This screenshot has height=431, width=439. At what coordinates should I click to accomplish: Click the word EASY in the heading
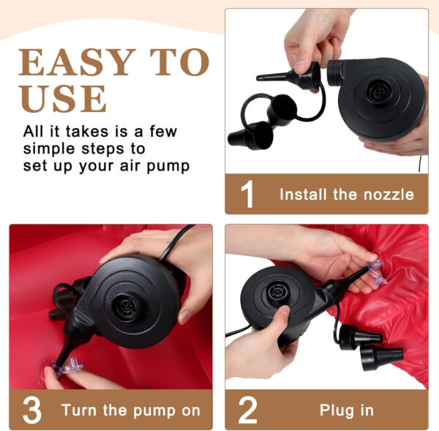coord(75,62)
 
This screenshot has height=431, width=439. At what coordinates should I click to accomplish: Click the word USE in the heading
coord(63,98)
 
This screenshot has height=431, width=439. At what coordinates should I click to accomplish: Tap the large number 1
coord(247,194)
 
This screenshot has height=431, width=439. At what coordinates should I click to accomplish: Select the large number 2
coord(247,410)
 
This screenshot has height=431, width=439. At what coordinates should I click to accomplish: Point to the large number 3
coord(32,410)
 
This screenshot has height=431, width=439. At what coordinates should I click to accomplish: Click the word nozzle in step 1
coord(389,195)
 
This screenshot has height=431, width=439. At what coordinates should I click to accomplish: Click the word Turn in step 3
coord(80,411)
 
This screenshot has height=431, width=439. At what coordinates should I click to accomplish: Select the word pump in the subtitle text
coord(168,166)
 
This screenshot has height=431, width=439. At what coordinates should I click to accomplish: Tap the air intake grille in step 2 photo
coord(277,293)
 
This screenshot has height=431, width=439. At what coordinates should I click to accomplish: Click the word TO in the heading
coord(180,62)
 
